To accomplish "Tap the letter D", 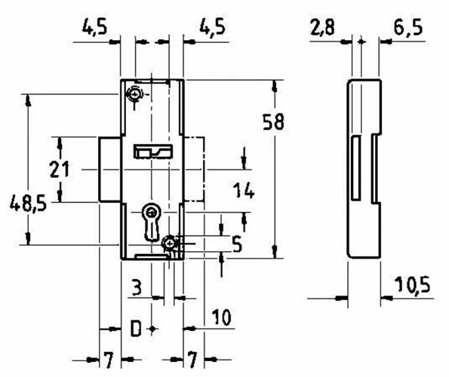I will point(136,329).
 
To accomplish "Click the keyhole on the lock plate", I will point(152,218).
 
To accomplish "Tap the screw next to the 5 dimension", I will point(172,243).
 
